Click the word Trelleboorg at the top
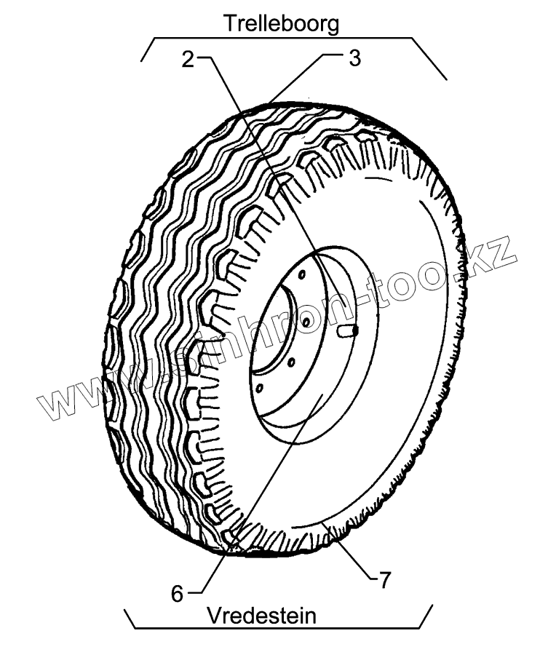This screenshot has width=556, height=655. [x=281, y=23]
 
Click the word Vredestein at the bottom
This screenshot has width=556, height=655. [x=261, y=616]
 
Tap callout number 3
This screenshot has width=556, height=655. [x=354, y=58]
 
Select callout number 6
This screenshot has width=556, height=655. [x=178, y=593]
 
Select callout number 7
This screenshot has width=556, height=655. [x=385, y=580]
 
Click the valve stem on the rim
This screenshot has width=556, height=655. [x=349, y=330]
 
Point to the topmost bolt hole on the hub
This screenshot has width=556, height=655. [x=299, y=274]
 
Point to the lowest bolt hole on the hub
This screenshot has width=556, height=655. [x=257, y=387]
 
